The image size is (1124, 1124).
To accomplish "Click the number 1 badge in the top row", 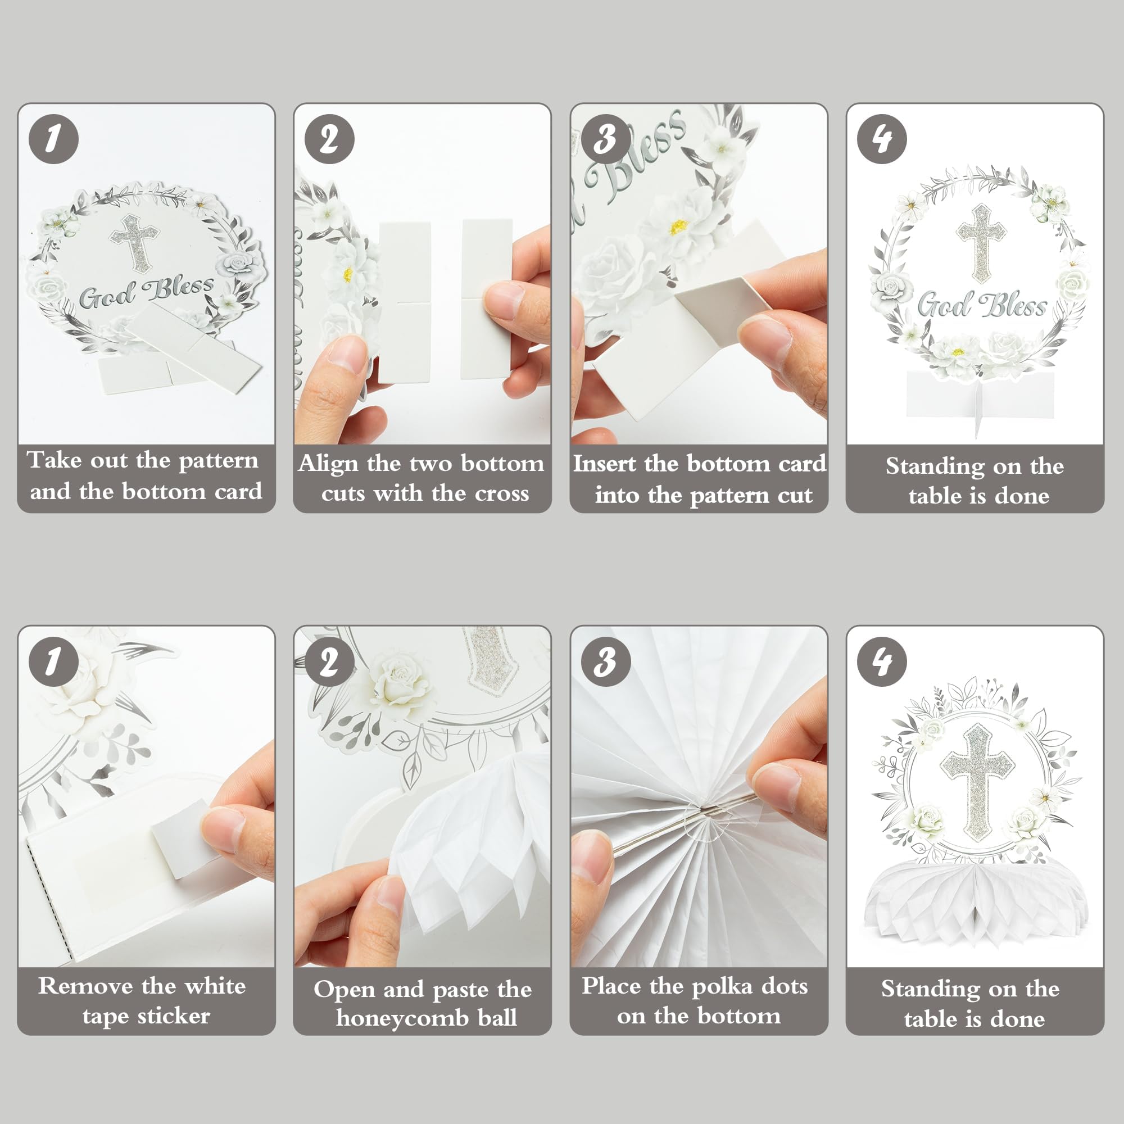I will [53, 139].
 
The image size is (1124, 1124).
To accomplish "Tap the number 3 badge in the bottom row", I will [606, 661].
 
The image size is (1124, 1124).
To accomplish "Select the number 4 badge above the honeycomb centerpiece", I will [881, 661].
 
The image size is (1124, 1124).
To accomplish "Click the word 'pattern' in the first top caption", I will [218, 461].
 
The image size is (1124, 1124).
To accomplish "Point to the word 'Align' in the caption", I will [328, 464].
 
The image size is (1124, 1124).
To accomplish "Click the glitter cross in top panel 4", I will [981, 243].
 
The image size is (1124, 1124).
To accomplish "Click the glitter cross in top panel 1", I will [135, 242].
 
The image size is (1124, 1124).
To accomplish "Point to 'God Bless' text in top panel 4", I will [982, 305].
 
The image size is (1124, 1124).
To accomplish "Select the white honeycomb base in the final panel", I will [976, 903].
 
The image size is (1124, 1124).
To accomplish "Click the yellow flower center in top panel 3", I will [678, 227].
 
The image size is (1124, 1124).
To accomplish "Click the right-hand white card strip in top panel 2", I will [486, 298].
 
